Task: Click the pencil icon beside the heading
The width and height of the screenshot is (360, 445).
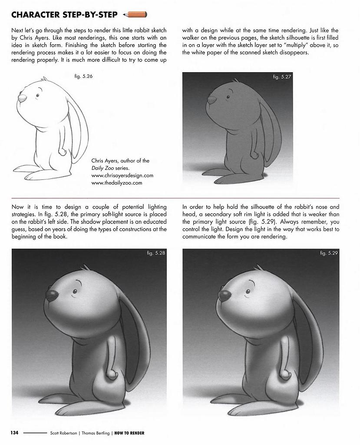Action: click(x=135, y=15)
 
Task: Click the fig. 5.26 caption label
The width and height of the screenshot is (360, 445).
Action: click(x=84, y=76)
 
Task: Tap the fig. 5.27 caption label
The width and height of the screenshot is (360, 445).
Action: click(x=282, y=77)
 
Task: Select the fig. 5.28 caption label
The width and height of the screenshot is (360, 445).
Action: click(x=156, y=253)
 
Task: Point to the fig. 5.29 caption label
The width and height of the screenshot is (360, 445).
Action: click(x=329, y=253)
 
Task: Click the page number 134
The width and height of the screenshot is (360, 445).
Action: click(x=14, y=433)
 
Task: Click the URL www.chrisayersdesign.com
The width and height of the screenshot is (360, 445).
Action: click(x=122, y=176)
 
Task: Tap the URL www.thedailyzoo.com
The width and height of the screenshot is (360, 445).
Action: click(x=117, y=183)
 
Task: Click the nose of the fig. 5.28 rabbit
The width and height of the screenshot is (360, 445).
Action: click(x=52, y=296)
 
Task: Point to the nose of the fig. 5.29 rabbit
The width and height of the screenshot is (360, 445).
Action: click(x=224, y=296)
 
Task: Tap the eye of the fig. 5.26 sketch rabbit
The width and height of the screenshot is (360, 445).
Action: click(x=38, y=95)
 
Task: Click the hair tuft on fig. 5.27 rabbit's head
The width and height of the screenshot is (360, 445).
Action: click(x=235, y=80)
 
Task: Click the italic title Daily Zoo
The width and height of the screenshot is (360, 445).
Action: click(x=104, y=168)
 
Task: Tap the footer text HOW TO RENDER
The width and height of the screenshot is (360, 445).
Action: click(x=129, y=433)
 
